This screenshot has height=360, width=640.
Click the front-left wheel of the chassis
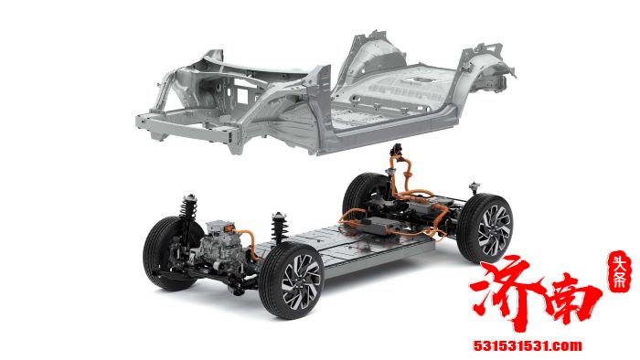click(169, 253)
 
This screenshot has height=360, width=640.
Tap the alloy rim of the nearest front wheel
click(301, 281)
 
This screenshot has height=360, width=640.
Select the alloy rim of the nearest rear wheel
click(495, 231)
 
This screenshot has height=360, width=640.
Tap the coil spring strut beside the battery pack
click(280, 228)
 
